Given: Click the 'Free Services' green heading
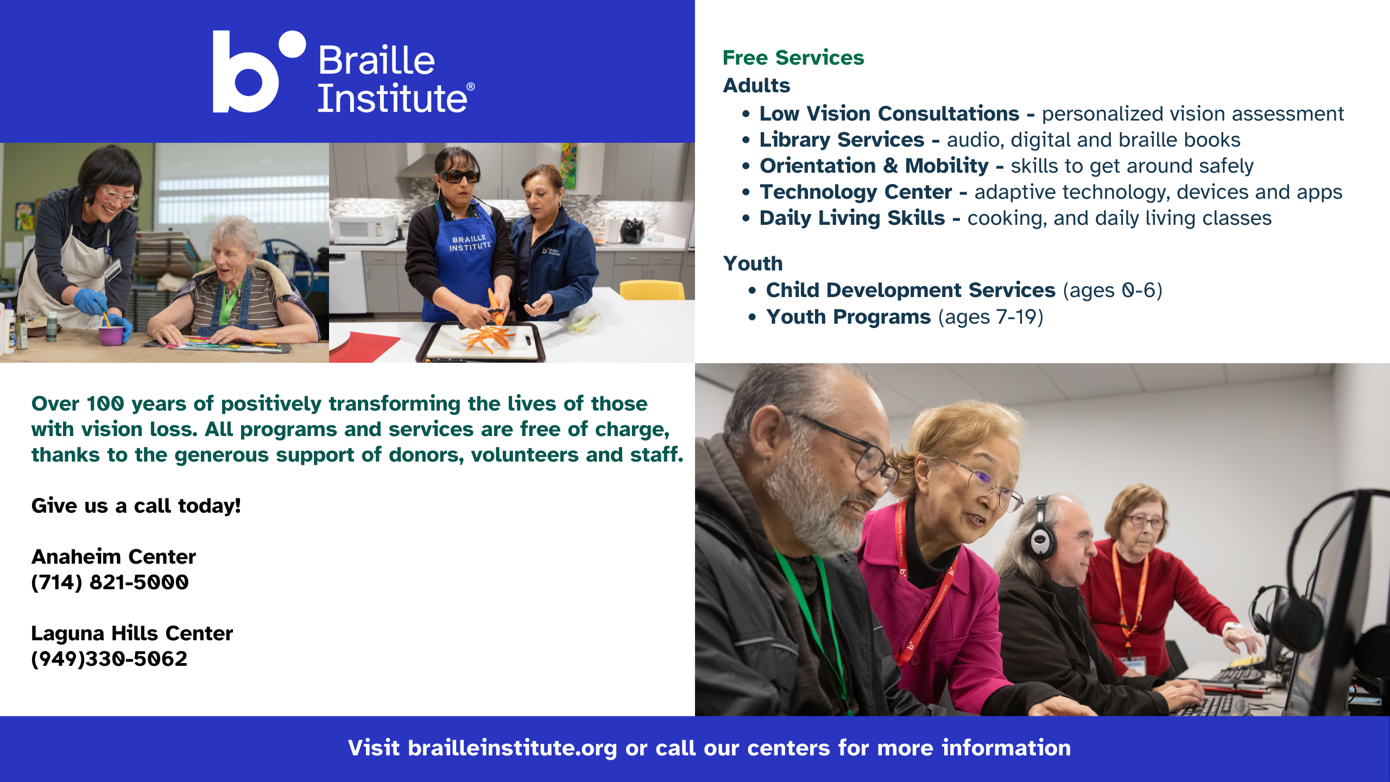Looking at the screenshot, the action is point(793,58).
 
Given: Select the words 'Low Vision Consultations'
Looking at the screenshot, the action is point(889,113).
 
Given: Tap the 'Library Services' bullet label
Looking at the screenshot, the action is point(842,140).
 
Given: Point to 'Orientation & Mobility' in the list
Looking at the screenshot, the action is point(874,166).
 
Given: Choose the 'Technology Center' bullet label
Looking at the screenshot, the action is point(856,192).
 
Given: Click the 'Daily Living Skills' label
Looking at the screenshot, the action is point(852,218).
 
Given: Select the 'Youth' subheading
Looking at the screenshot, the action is point(753,263).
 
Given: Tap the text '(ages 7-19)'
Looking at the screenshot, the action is point(991,317).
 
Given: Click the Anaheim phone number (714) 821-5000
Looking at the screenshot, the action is point(110,582).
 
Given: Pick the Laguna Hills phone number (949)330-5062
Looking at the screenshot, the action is point(109,659).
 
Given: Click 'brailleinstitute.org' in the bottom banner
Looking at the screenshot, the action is point(513,748).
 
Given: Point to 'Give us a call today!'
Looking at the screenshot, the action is point(136,506).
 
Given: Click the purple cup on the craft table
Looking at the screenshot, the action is point(110,334).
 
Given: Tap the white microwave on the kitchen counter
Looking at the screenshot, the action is point(364,229).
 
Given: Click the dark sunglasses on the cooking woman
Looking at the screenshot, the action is point(459,176).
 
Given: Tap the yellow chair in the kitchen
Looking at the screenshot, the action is point(652,289).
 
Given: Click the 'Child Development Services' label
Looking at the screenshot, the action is point(911,290).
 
